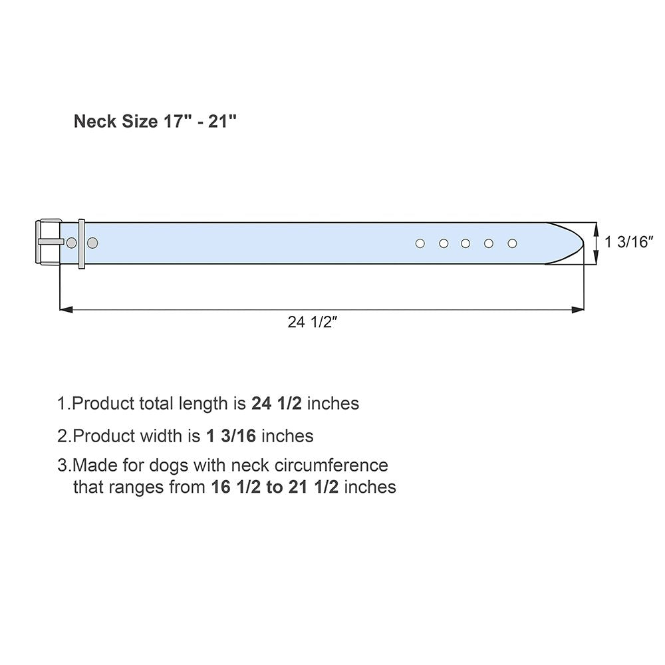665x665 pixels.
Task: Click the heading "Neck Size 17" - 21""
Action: pyautogui.click(x=155, y=121)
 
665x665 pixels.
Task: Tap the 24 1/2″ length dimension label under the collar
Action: pyautogui.click(x=312, y=323)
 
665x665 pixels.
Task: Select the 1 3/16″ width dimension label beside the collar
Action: pyautogui.click(x=628, y=242)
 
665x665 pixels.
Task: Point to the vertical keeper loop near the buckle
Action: pyautogui.click(x=81, y=244)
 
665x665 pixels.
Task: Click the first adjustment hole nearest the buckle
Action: pyautogui.click(x=420, y=243)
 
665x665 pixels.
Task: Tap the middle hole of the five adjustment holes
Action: pyautogui.click(x=465, y=243)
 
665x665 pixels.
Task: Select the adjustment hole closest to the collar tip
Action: pyautogui.click(x=512, y=243)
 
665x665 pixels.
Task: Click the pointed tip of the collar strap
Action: pyautogui.click(x=584, y=243)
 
